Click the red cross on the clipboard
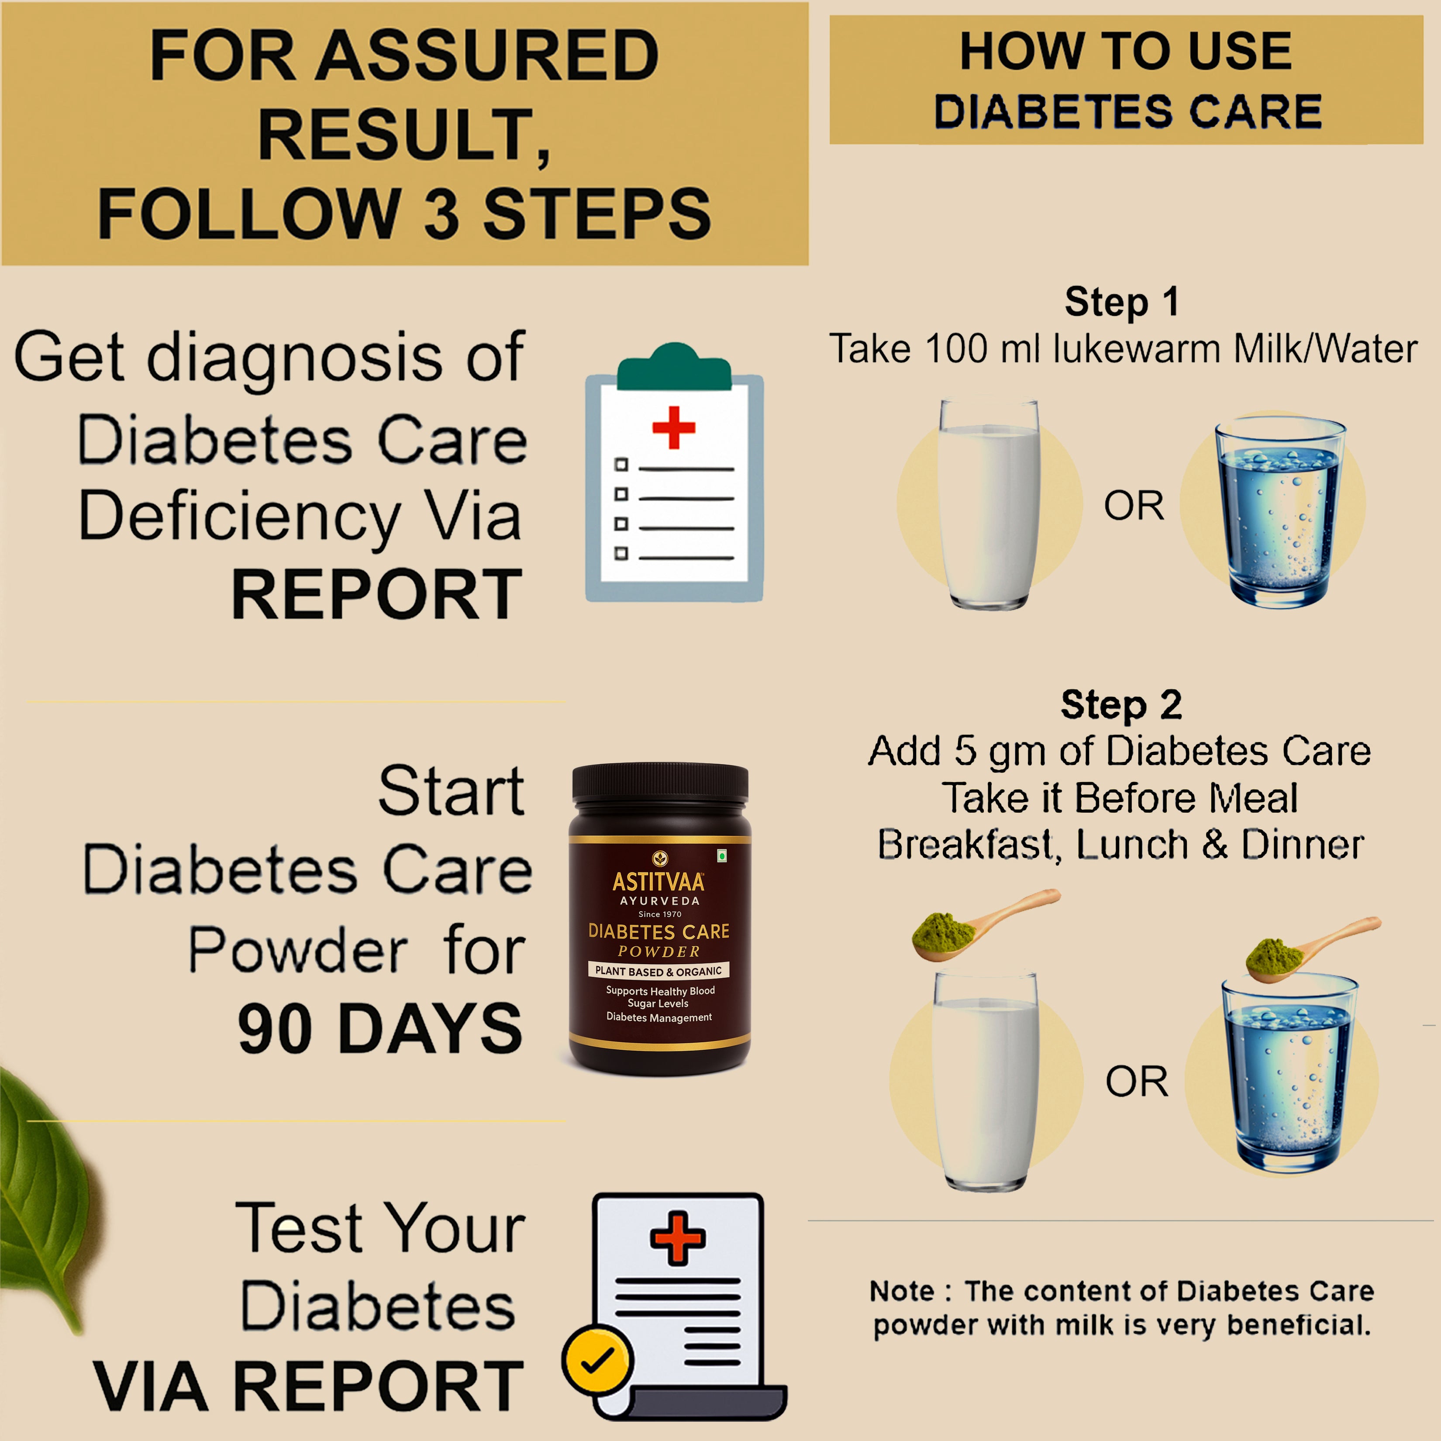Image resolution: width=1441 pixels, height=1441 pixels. [x=673, y=427]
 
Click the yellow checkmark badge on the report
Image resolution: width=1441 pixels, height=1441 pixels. [x=596, y=1359]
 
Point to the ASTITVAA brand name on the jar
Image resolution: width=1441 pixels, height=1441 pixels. [x=658, y=883]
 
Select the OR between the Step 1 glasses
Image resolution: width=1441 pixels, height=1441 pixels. [x=1134, y=507]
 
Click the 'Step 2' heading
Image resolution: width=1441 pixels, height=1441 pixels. [x=1121, y=705]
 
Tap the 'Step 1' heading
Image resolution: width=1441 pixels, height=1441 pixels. [x=1121, y=302]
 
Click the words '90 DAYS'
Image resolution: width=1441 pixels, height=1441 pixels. [x=380, y=1029]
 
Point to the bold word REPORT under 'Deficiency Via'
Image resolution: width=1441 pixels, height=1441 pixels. [x=377, y=594]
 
